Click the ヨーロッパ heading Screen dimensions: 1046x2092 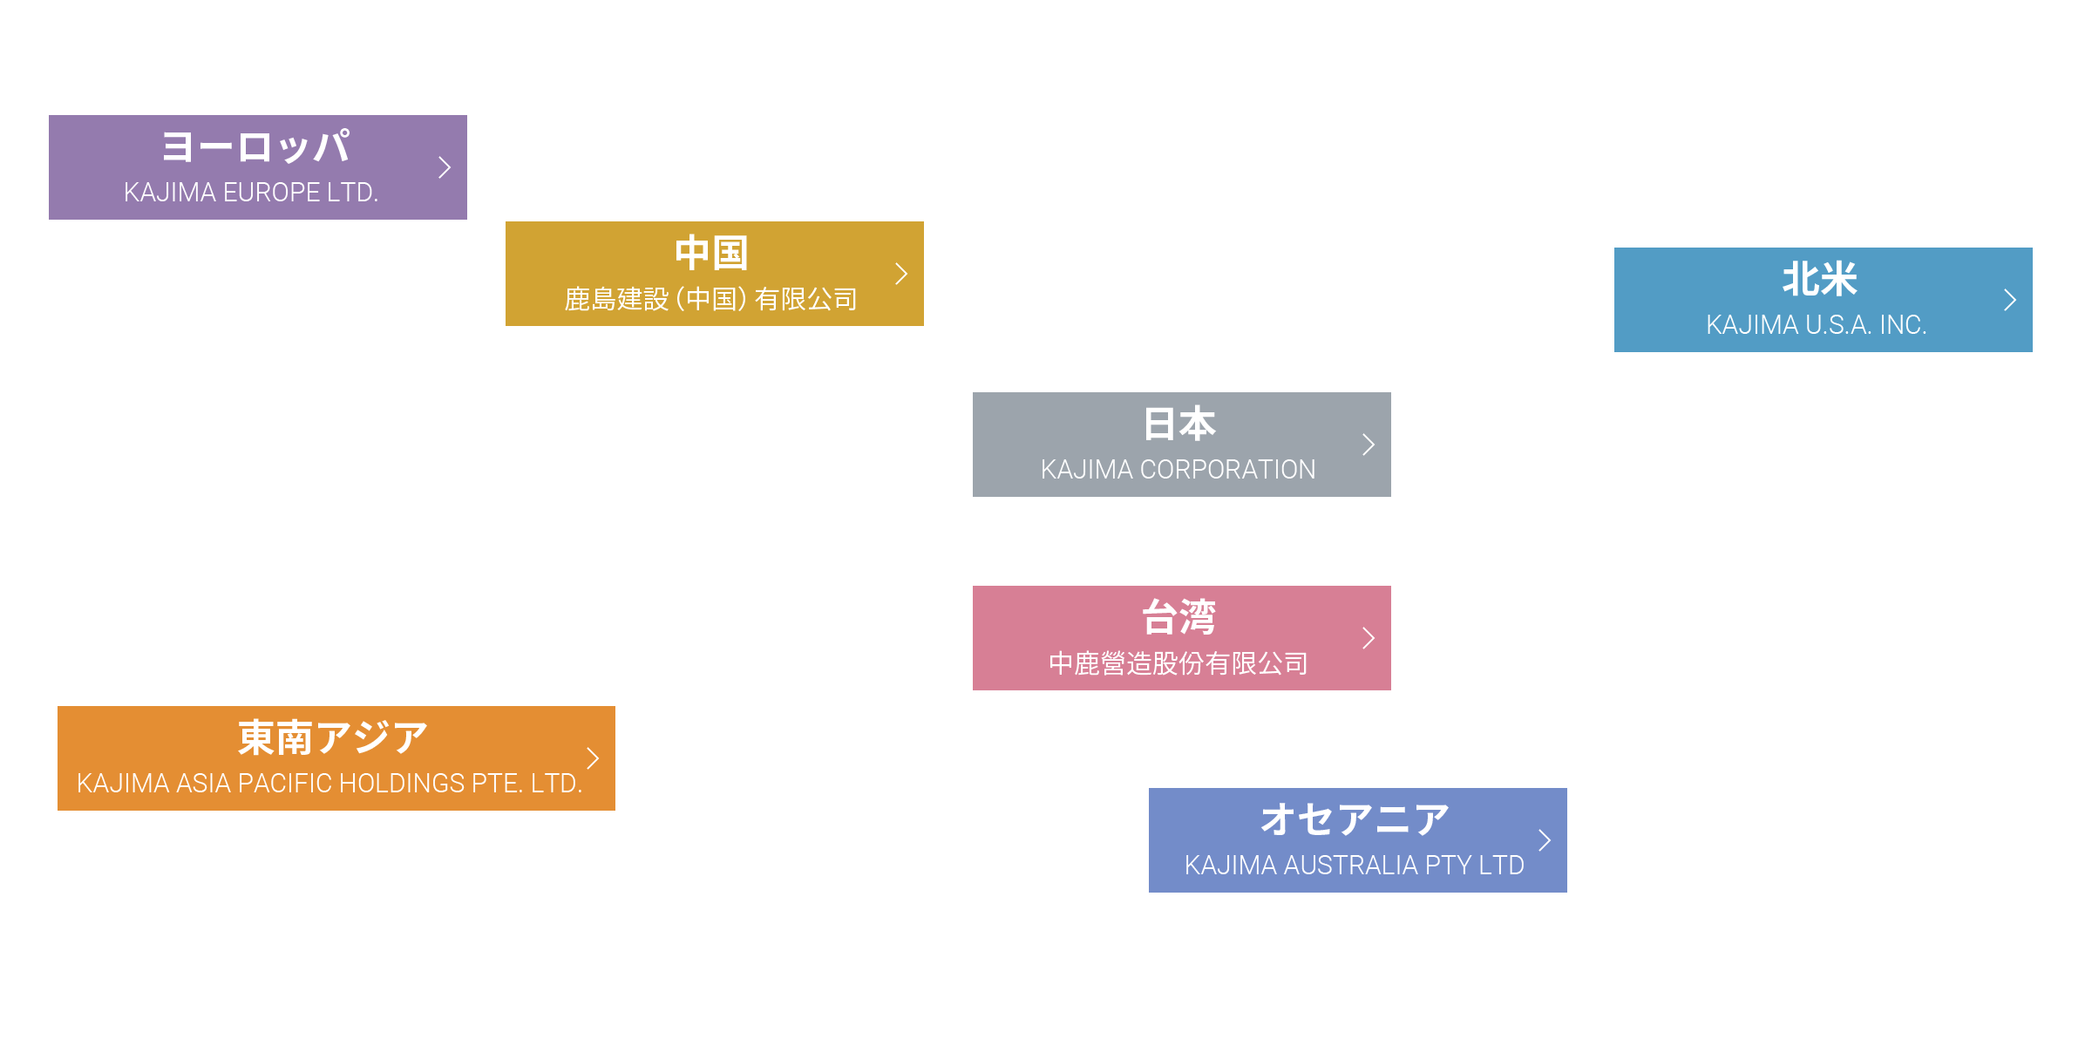click(x=256, y=146)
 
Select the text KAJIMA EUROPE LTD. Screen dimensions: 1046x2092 click(x=251, y=192)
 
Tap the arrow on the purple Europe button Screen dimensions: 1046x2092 click(x=445, y=167)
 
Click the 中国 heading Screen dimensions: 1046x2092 click(x=711, y=253)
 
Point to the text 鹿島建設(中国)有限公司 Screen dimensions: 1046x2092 click(x=710, y=299)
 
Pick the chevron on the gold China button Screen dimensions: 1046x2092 click(x=901, y=274)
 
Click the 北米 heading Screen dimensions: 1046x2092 click(x=1820, y=279)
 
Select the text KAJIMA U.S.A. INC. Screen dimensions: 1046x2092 click(x=1816, y=325)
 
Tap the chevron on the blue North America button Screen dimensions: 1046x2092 click(x=2010, y=300)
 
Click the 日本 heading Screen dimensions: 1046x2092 click(x=1178, y=424)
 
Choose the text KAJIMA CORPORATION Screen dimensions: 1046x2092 click(x=1178, y=470)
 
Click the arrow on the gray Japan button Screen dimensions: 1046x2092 click(x=1369, y=445)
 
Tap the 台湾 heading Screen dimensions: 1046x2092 click(x=1178, y=617)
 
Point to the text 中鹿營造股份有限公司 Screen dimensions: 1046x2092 click(x=1178, y=663)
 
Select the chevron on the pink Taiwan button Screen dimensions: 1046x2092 click(x=1369, y=638)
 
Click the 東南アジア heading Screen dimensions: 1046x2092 click(x=333, y=737)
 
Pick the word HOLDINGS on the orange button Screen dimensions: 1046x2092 click(x=407, y=784)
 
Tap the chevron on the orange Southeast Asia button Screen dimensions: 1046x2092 click(x=593, y=758)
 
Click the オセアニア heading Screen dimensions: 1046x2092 click(x=1355, y=819)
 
